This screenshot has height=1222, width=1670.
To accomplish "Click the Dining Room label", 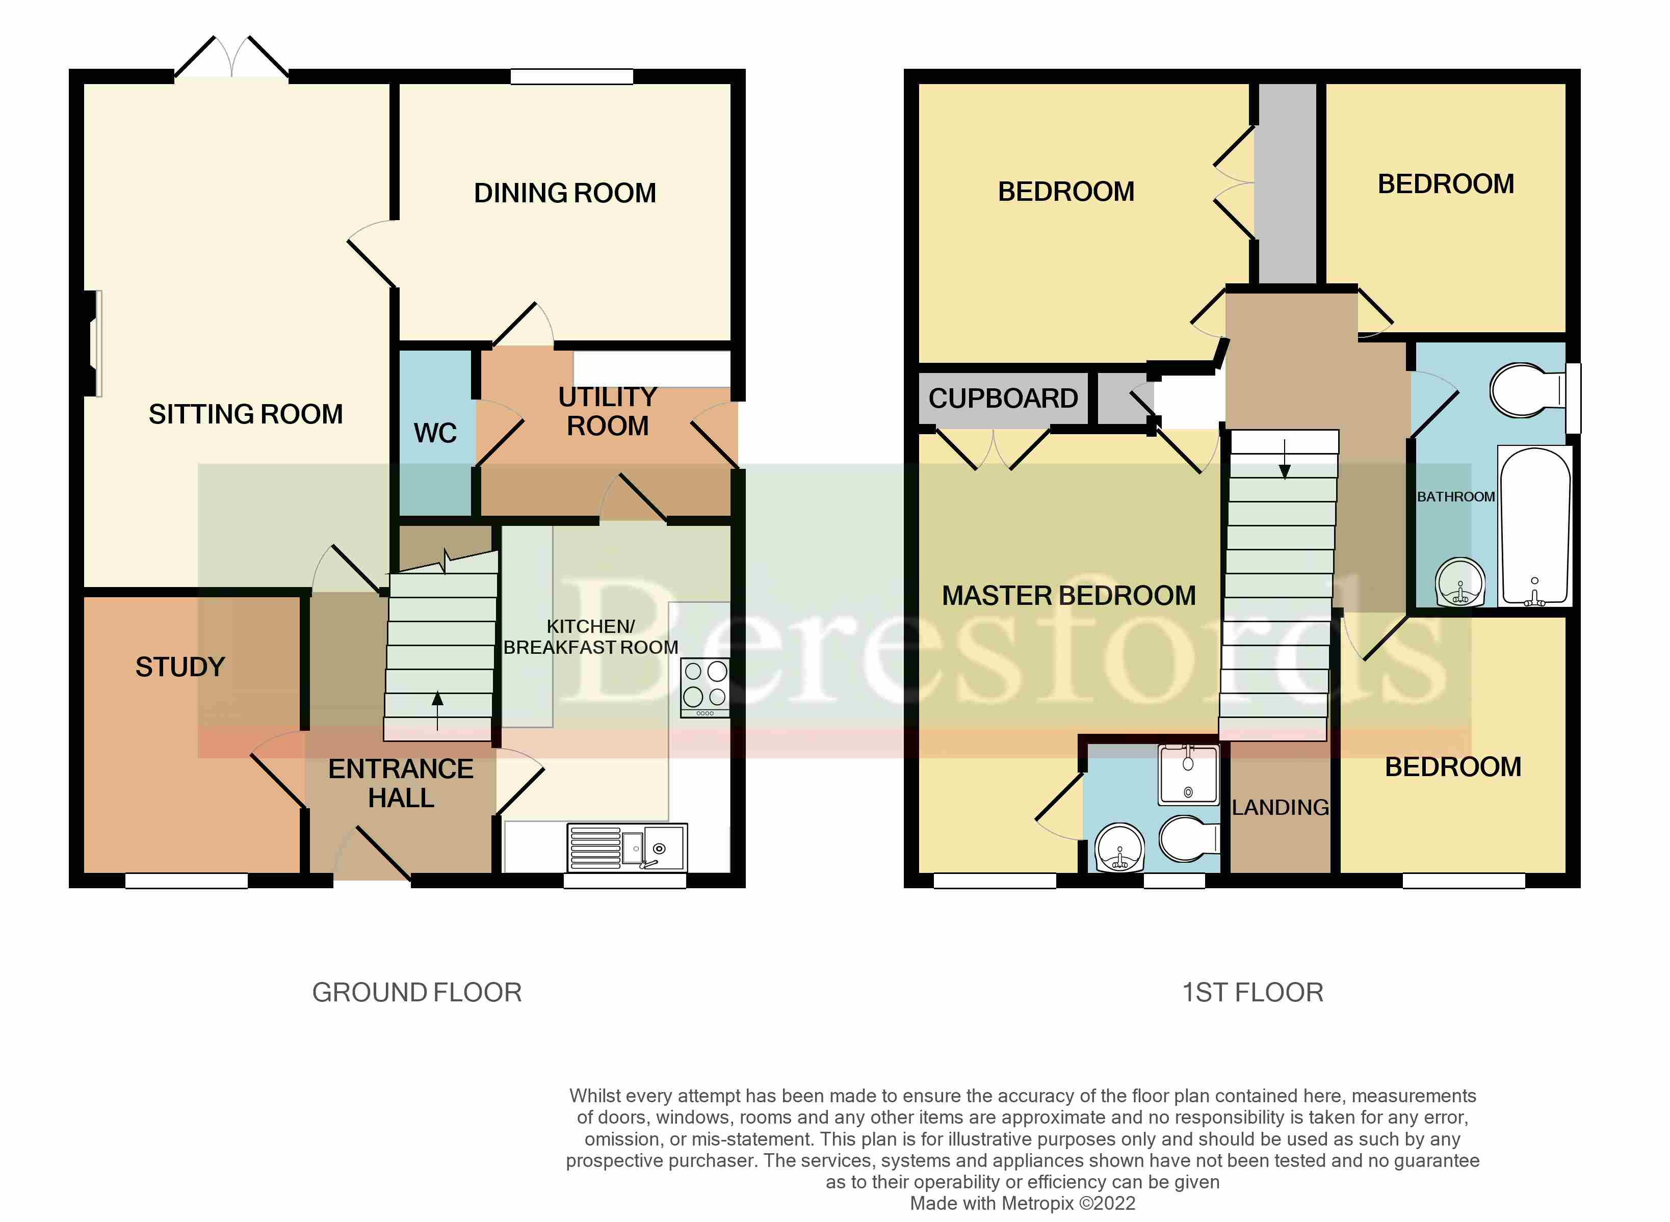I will point(564,193).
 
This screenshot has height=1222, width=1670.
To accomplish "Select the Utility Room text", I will point(608,411).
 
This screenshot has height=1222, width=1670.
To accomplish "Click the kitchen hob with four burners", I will point(705,686).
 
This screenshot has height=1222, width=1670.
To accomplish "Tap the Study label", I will point(180,667).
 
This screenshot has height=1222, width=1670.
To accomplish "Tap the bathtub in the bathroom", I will point(1534,527).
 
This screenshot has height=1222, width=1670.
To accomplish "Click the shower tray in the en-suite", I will point(1188,775).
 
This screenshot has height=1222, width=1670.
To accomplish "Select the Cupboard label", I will point(1003,399).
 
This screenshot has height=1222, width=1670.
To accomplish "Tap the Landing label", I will point(1280,807).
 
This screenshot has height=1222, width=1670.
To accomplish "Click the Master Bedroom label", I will point(1068,596).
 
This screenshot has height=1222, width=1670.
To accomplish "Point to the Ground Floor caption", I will point(416,993).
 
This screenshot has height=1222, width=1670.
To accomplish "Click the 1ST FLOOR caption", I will point(1252,993).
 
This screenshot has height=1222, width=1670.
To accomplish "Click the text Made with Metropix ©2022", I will point(1022,1204).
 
